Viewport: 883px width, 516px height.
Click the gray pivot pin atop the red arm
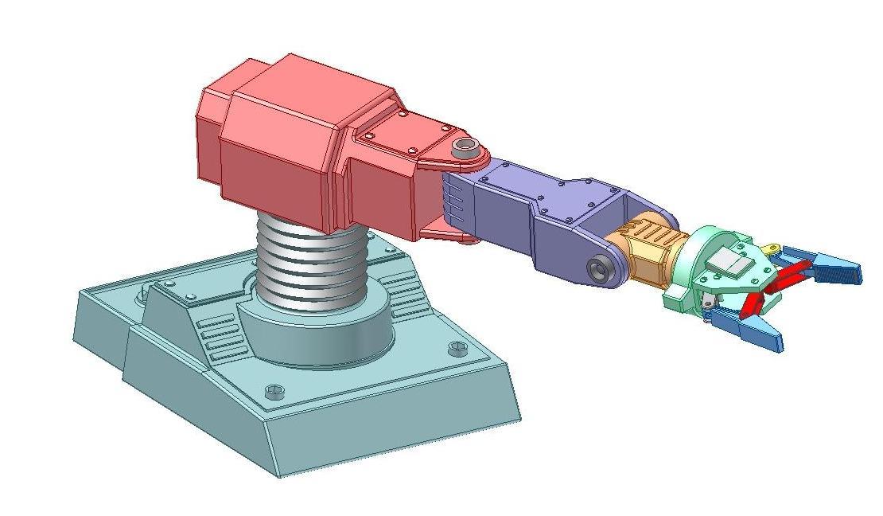465,148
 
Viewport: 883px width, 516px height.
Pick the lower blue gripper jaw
752,331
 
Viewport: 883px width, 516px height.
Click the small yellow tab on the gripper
771,249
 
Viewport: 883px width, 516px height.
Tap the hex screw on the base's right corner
457,348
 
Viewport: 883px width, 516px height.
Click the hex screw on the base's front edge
274,391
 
